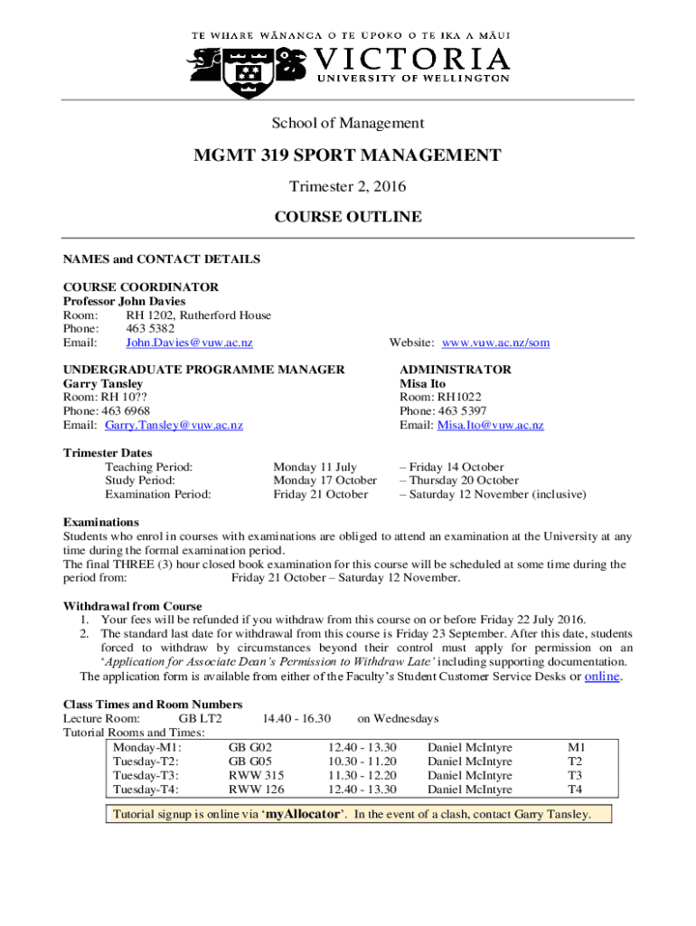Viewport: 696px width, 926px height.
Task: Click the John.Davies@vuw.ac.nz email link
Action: (x=189, y=343)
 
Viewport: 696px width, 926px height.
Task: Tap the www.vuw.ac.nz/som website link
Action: (x=495, y=343)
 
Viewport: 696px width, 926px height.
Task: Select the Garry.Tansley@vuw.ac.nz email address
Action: (x=174, y=425)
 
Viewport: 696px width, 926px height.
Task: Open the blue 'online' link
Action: (x=602, y=676)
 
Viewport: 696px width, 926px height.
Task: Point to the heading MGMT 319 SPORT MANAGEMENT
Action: (x=348, y=156)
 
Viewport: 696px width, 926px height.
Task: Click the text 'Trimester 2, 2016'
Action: (x=348, y=187)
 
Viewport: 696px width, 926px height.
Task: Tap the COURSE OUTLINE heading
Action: (x=348, y=217)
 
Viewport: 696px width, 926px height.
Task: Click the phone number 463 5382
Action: (x=150, y=329)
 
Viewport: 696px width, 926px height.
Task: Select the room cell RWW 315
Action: (x=256, y=775)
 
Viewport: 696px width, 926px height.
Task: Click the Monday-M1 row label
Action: (x=147, y=748)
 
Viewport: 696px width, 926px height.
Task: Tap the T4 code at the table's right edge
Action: (x=575, y=789)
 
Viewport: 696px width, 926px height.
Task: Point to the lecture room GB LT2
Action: (x=201, y=718)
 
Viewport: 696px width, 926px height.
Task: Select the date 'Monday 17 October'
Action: (x=324, y=480)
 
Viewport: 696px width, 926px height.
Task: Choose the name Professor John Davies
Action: (x=124, y=301)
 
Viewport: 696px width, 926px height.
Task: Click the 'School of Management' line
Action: (x=348, y=123)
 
